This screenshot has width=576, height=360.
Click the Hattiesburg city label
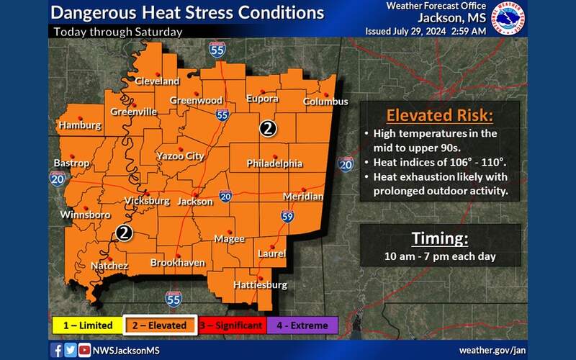click(260, 285)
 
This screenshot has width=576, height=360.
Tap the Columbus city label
click(325, 102)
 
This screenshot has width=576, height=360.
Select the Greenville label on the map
click(133, 112)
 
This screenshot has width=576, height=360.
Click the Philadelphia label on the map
click(274, 163)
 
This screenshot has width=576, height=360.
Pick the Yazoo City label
click(180, 156)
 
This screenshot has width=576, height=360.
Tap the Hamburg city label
click(79, 125)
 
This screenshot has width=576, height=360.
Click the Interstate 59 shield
click(287, 215)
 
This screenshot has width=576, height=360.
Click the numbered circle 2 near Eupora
click(268, 129)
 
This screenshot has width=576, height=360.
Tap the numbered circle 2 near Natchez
click(124, 233)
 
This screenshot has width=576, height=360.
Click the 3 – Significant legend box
click(230, 325)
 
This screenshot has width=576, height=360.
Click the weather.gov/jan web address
click(492, 350)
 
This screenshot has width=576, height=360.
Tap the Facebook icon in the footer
click(57, 350)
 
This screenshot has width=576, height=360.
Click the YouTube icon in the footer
click(84, 350)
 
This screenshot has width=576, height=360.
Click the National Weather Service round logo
click(508, 19)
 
